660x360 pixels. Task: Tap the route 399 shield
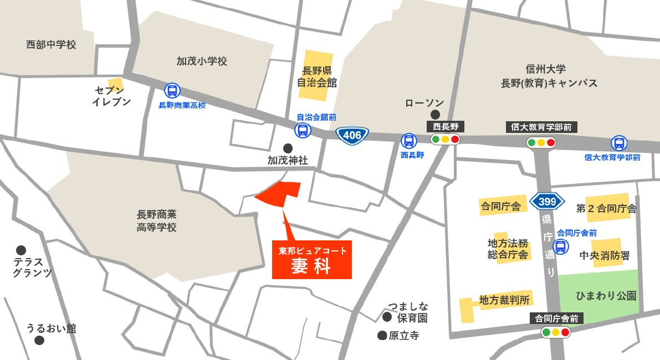[x=546, y=200]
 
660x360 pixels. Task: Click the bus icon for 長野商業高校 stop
[x=172, y=91]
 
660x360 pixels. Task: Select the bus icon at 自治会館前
[x=303, y=131]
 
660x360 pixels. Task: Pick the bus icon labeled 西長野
[x=408, y=141]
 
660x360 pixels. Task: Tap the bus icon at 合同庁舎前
[x=561, y=246]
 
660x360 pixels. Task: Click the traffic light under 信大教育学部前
[x=541, y=143]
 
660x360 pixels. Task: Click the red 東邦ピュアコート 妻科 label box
[x=312, y=260]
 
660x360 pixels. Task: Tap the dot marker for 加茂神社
[x=288, y=148]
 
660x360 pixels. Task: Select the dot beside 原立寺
[x=382, y=335]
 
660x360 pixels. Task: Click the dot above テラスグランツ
[x=21, y=250]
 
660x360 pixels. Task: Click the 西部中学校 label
[x=51, y=45]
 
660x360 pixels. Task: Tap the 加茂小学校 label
[x=202, y=61]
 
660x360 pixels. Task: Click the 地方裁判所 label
[x=504, y=300]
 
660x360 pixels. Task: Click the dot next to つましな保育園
[x=387, y=316]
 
